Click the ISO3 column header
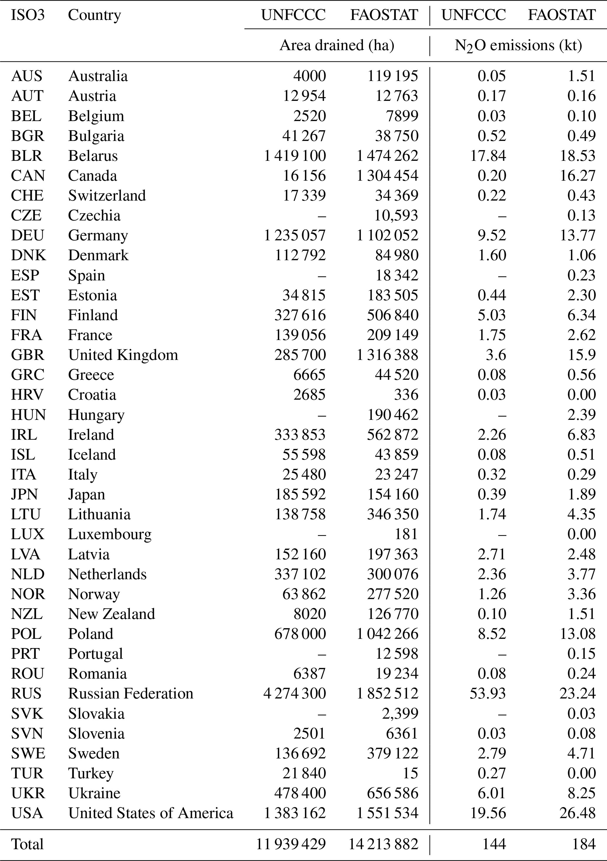pos(28,15)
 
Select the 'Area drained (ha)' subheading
pos(337,45)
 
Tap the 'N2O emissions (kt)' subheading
pos(518,46)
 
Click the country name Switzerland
pos(107,195)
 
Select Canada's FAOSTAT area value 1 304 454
pos(387,175)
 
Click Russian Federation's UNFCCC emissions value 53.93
pos(488,694)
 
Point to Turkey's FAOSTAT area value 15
pos(410,773)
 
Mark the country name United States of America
pos(151,813)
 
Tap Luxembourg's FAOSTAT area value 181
pos(406,534)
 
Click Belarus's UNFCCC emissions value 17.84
pos(488,155)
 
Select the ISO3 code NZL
pos(27,614)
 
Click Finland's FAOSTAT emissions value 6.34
pos(581,315)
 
